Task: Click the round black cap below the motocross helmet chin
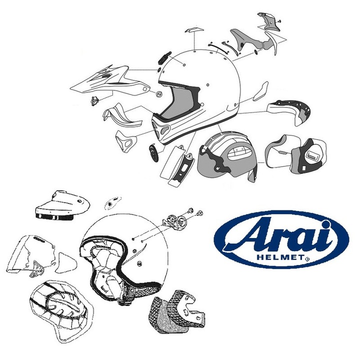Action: [152, 151]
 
